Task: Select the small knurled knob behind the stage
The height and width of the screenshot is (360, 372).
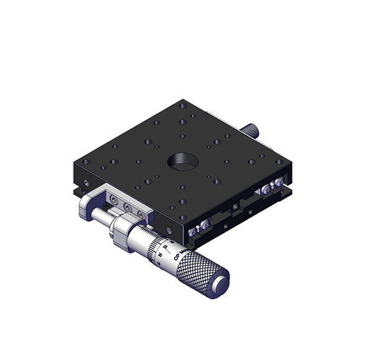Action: [252, 130]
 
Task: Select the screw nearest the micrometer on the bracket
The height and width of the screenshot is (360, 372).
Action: [143, 214]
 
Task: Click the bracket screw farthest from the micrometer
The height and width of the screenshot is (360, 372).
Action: [112, 200]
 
